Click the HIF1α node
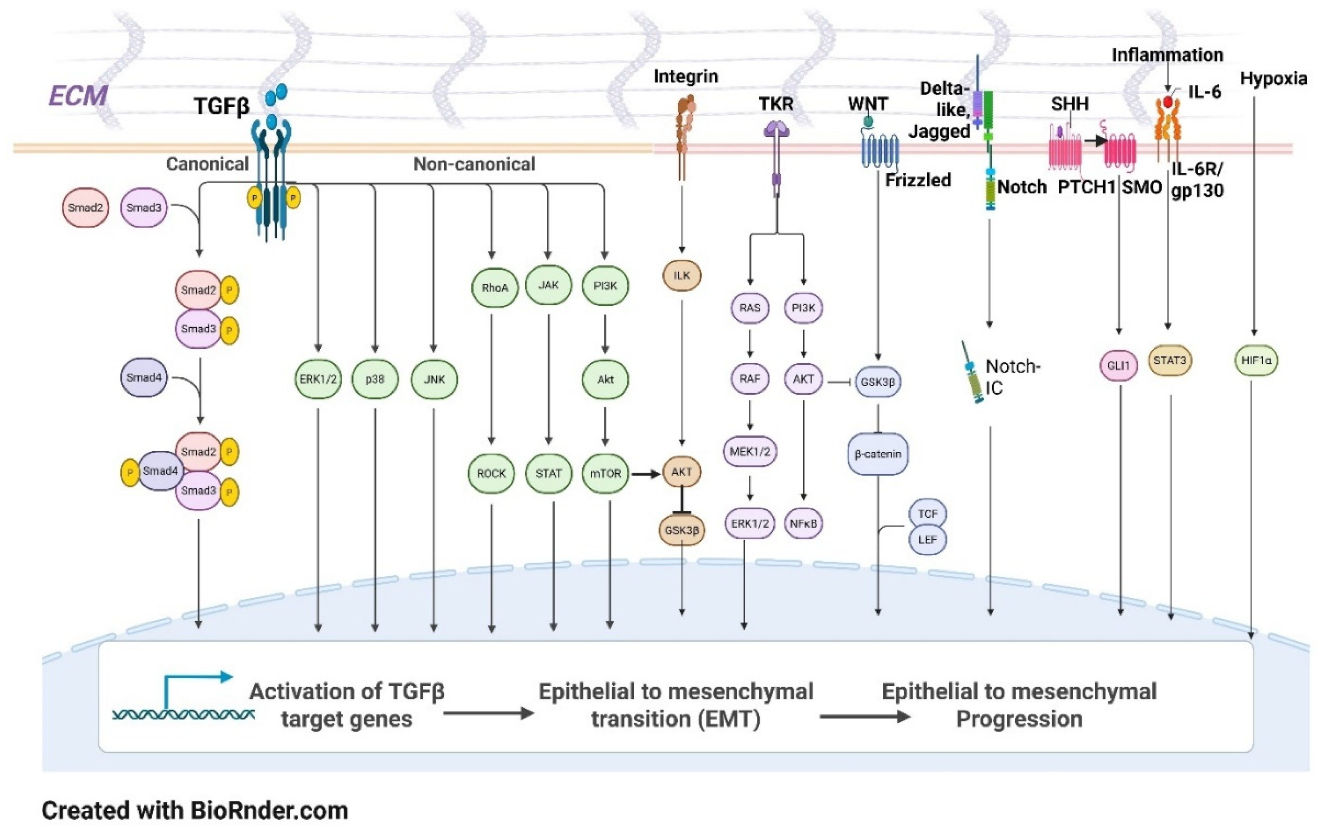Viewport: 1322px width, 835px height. coord(1257,361)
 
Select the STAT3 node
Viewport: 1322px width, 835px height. coord(1170,361)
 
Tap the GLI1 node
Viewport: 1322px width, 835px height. coord(1118,365)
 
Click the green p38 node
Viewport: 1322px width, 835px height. coord(375,379)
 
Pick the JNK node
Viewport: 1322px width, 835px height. coord(434,379)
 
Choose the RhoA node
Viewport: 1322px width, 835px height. coord(495,287)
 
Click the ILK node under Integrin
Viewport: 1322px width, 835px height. coord(681,276)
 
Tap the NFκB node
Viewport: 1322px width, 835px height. coord(803,524)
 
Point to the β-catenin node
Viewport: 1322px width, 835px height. coord(878,454)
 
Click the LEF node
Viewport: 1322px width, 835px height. coord(927,539)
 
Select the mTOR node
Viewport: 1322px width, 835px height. coord(605,473)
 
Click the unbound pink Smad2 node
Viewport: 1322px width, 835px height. coord(85,208)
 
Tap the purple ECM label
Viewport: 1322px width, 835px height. coord(78,96)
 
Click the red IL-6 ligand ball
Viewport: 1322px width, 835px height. coord(1168,102)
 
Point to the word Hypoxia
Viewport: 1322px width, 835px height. coord(1273,79)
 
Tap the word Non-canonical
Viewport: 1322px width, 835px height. coord(474,164)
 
